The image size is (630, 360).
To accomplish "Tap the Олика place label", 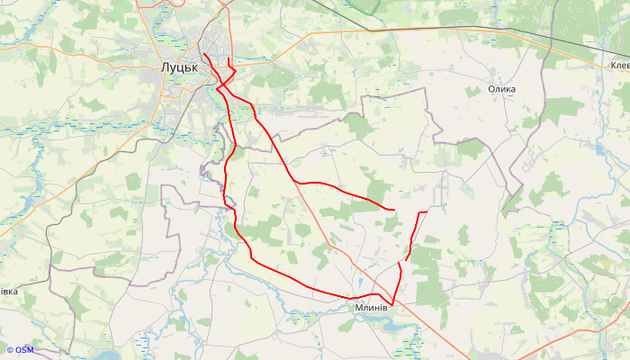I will pyautogui.click(x=501, y=89).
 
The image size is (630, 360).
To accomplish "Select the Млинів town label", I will pyautogui.click(x=371, y=307).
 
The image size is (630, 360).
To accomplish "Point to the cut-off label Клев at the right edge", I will pyautogui.click(x=619, y=66).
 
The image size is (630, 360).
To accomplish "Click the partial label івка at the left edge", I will pyautogui.click(x=8, y=292).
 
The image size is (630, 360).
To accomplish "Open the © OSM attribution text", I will pyautogui.click(x=20, y=350).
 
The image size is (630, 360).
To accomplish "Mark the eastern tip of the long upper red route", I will pyautogui.click(x=394, y=210).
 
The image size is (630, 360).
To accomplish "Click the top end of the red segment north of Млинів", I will pyautogui.click(x=426, y=211).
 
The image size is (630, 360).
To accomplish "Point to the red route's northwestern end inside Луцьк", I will pyautogui.click(x=204, y=54).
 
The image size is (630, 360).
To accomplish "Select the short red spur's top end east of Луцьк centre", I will pyautogui.click(x=229, y=59).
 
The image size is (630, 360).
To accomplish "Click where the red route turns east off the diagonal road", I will pyautogui.click(x=295, y=183).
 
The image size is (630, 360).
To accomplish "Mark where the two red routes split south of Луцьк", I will pyautogui.click(x=222, y=88).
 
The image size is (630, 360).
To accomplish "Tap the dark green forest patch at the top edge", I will pyautogui.click(x=364, y=5).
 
